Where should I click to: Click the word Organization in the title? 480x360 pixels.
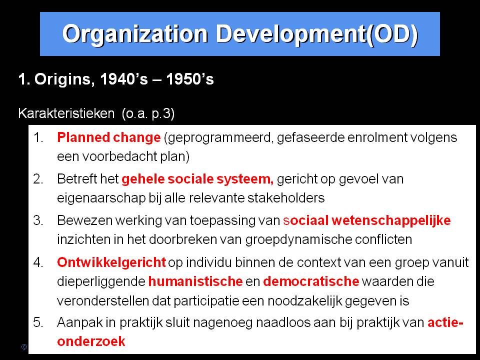(135, 34)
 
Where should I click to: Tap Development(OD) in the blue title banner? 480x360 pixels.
(317, 34)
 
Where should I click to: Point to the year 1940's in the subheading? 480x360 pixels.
(124, 79)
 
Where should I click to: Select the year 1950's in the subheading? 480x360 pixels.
(190, 79)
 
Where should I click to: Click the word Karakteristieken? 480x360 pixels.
(66, 113)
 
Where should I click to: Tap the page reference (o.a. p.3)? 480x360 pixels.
(148, 114)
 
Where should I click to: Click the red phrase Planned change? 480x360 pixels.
(108, 138)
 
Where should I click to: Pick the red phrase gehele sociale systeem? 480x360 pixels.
(197, 179)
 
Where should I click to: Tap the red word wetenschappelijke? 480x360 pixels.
(391, 220)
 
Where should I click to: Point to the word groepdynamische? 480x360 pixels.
(298, 239)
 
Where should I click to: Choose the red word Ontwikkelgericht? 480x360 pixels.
(111, 262)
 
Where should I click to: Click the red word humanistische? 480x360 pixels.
(195, 281)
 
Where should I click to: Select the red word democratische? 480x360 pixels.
(311, 281)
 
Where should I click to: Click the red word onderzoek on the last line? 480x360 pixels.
(91, 341)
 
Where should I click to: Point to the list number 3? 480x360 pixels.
(38, 220)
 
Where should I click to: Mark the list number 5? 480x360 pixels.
(38, 322)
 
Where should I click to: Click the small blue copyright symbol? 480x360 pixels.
(24, 347)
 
